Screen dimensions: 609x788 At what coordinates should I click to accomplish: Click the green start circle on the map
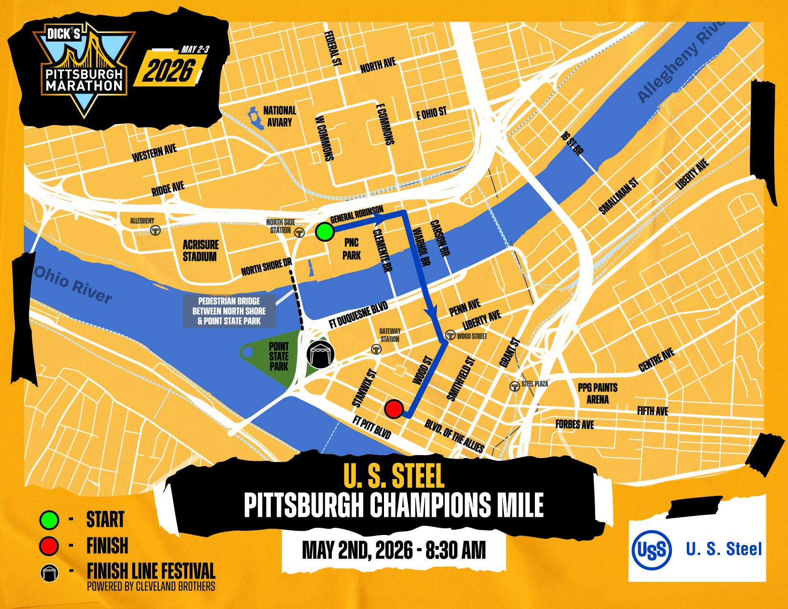click(x=325, y=232)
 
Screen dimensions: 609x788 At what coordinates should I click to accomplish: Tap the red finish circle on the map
click(x=394, y=409)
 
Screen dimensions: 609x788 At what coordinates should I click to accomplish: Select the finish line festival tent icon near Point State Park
click(x=320, y=354)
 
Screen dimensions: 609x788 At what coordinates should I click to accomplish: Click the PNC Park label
click(x=351, y=249)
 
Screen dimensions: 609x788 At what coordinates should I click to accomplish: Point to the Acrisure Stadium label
click(x=200, y=251)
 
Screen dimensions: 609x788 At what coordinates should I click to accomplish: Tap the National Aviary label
click(x=279, y=116)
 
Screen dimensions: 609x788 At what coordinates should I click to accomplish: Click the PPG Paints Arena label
click(x=597, y=393)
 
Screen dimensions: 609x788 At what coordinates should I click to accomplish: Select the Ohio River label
click(x=73, y=285)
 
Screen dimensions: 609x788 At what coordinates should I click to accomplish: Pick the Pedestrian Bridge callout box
click(x=229, y=311)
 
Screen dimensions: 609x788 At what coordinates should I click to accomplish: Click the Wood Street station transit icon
click(x=450, y=335)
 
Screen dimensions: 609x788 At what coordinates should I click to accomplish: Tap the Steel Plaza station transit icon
click(x=514, y=386)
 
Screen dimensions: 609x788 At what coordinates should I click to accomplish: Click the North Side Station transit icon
click(x=299, y=233)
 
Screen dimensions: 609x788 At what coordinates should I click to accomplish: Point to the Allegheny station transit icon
click(x=155, y=230)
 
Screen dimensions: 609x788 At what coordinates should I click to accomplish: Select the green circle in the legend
click(x=49, y=520)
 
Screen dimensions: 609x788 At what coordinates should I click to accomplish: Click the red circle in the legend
click(x=49, y=546)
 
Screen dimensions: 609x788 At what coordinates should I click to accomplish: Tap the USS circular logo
click(x=651, y=550)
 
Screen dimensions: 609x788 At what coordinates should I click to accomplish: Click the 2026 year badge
click(x=170, y=71)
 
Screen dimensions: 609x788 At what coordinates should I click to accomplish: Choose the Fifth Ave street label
click(x=652, y=411)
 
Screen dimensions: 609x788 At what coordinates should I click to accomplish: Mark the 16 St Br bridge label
click(x=572, y=143)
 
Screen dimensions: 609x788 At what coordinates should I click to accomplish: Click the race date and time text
click(x=394, y=550)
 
